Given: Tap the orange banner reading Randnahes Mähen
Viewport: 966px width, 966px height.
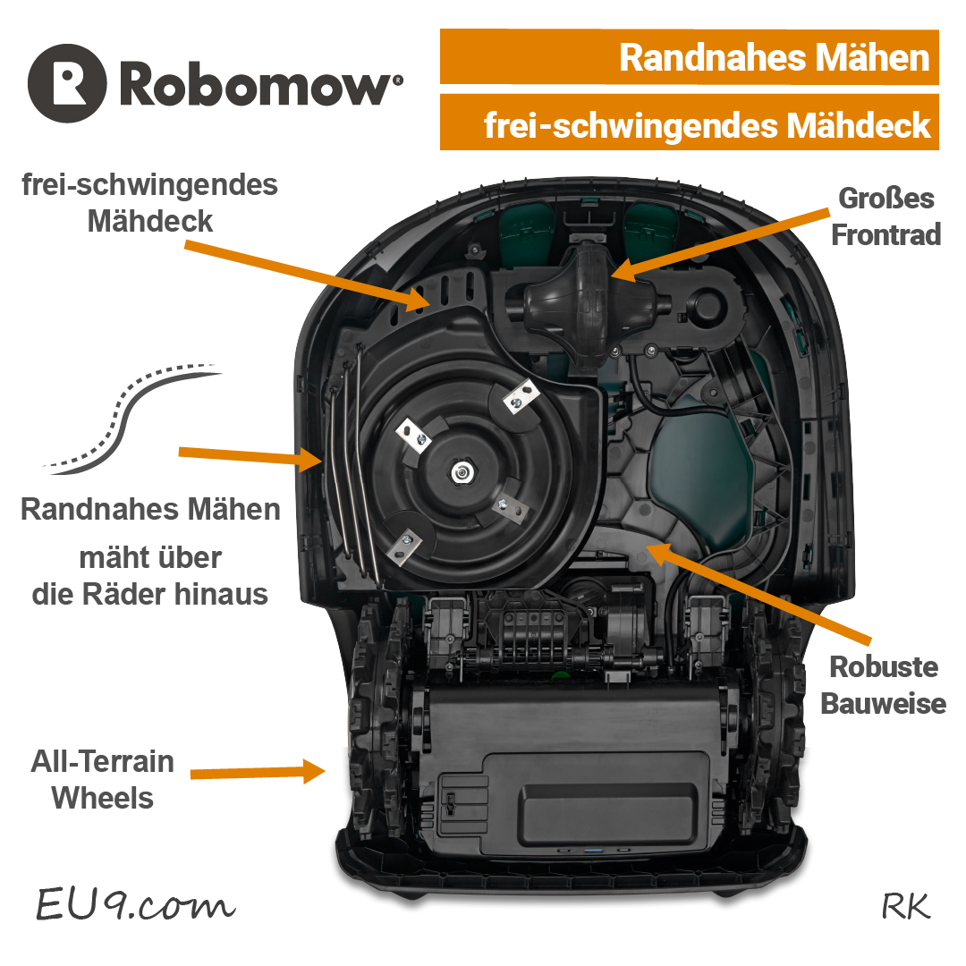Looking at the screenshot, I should (689, 58).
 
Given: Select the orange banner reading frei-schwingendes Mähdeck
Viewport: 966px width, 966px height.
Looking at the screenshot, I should (689, 125).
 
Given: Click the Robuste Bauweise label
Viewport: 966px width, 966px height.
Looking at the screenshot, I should (883, 685).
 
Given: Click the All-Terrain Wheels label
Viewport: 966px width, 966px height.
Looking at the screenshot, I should (103, 779).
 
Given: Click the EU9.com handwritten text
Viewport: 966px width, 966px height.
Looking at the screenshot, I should (134, 904).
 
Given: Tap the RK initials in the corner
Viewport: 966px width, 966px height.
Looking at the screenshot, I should (905, 906).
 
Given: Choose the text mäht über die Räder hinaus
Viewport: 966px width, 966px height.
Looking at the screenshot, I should (150, 576).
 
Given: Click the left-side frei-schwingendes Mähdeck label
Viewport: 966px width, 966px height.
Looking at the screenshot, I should (150, 203).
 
